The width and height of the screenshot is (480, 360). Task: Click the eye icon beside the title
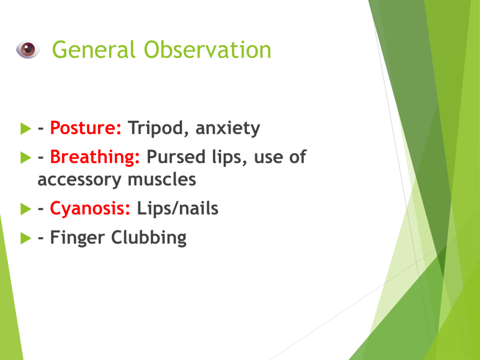28,49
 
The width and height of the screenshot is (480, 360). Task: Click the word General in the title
94,49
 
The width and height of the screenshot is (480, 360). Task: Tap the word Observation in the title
208,49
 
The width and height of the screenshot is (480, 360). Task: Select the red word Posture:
86,127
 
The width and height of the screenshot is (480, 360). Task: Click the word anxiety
228,128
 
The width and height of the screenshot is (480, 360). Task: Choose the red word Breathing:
95,157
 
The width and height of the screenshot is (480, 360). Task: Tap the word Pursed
176,157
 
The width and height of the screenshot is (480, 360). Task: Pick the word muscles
162,180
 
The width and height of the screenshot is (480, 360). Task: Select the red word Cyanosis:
90,209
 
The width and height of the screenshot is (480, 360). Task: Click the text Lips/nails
178,209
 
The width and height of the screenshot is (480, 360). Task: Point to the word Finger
77,238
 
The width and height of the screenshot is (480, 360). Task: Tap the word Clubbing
149,238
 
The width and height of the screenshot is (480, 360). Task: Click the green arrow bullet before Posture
26,128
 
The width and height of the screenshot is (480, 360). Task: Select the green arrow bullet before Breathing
26,157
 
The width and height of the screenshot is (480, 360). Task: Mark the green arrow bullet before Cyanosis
26,209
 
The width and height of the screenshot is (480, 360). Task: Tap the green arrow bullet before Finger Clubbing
26,238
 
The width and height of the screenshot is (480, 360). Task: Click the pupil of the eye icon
27,49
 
